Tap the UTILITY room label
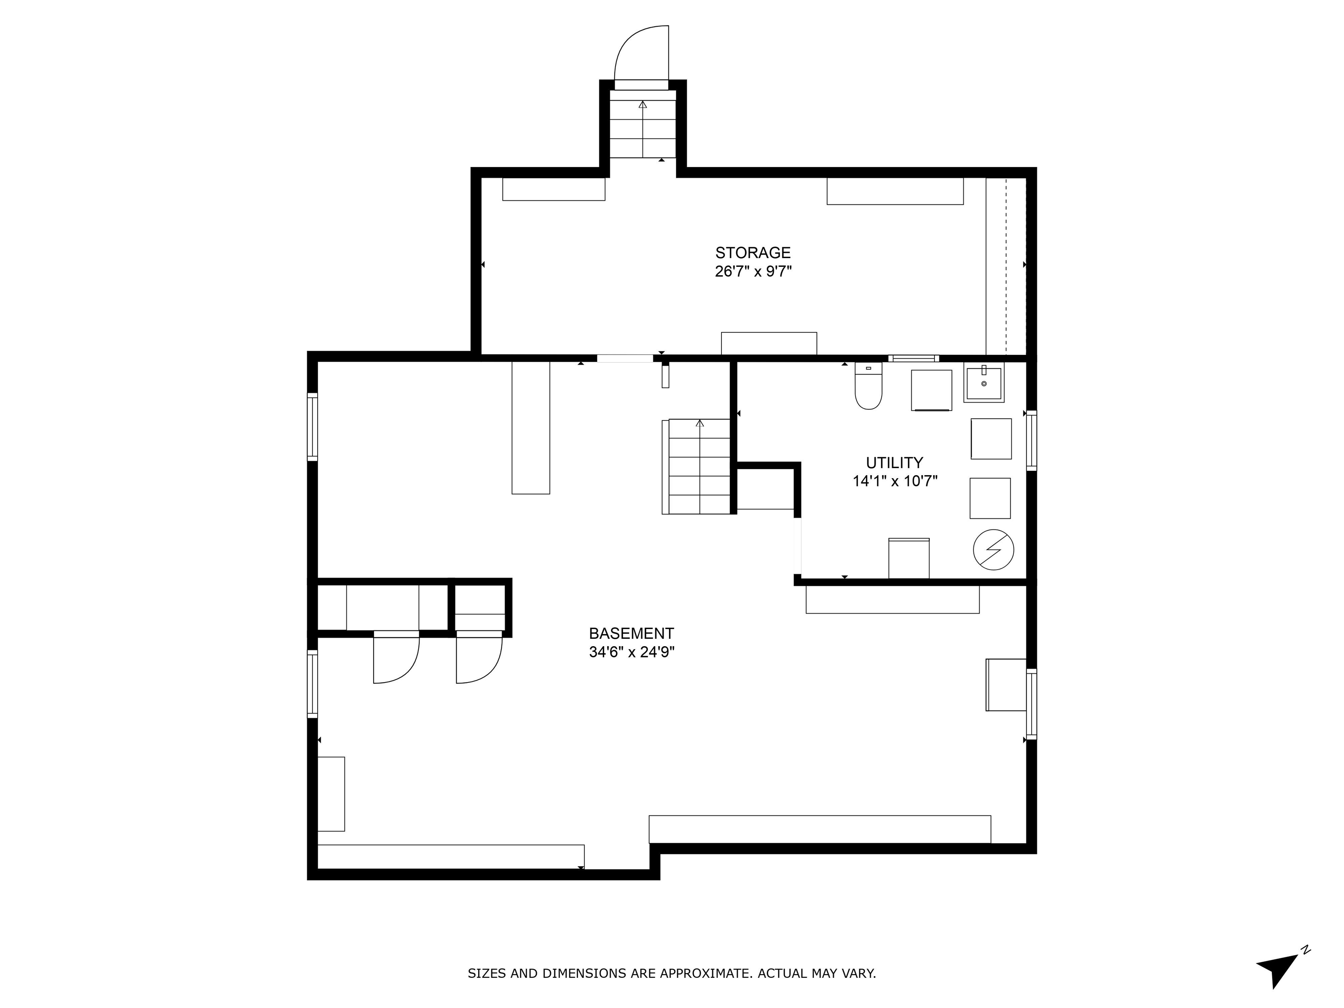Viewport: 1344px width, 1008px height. click(894, 462)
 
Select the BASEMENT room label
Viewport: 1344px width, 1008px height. click(631, 634)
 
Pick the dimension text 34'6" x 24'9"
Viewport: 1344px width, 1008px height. click(632, 653)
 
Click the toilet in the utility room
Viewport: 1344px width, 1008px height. click(868, 387)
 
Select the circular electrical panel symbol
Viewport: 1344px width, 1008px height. click(994, 550)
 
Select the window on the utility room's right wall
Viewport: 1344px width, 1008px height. click(1031, 441)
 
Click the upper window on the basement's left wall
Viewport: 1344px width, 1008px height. click(312, 427)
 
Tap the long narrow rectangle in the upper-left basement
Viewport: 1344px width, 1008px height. click(531, 428)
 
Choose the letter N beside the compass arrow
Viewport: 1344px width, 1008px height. click(1305, 950)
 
